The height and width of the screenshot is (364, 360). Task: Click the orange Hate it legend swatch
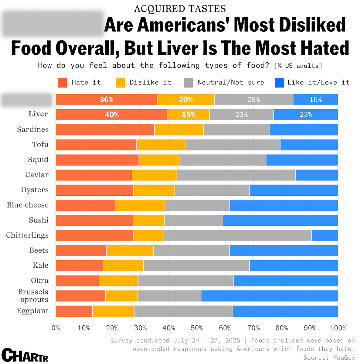click(63, 83)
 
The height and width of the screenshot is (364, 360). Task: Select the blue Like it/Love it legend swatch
click(280, 83)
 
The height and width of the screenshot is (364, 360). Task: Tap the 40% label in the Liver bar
click(112, 115)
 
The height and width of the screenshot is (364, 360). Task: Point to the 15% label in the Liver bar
click(188, 115)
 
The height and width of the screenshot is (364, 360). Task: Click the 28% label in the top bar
click(253, 100)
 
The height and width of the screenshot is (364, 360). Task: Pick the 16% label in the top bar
click(315, 100)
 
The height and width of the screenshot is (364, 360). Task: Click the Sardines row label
click(33, 129)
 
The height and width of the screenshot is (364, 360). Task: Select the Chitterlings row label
click(27, 235)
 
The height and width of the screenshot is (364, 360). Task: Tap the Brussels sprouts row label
click(33, 296)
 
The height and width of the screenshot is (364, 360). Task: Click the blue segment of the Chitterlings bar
click(324, 235)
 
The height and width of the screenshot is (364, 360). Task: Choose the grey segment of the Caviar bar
click(236, 175)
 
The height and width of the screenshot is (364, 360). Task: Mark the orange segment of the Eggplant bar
click(74, 311)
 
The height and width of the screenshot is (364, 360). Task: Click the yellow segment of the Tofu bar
click(161, 145)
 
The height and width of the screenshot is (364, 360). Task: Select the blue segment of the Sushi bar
click(280, 220)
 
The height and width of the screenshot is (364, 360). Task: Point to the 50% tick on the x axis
click(197, 328)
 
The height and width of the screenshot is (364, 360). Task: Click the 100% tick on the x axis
click(338, 328)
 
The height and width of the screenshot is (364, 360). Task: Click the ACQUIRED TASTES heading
click(180, 9)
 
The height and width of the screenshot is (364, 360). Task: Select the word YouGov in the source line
click(344, 358)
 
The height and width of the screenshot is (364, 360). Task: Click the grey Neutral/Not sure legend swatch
click(188, 83)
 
